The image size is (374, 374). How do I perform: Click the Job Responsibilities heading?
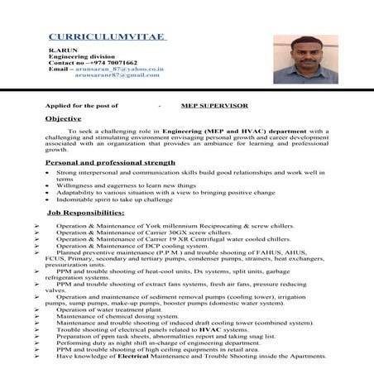pyautogui.click(x=86, y=213)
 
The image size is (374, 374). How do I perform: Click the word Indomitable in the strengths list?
pyautogui.click(x=75, y=199)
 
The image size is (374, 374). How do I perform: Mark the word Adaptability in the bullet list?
pyautogui.click(x=76, y=193)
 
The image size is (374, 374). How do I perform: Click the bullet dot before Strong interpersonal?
pyautogui.click(x=49, y=173)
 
